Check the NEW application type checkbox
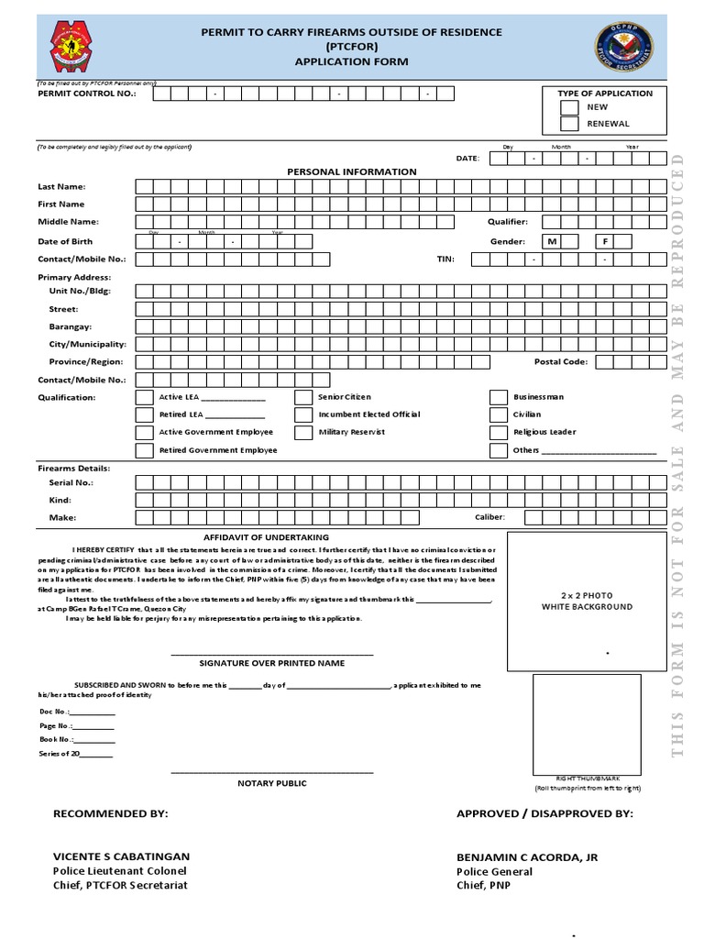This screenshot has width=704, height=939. coord(568,107)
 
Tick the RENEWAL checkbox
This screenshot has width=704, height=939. coord(568,124)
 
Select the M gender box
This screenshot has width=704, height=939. coord(552,241)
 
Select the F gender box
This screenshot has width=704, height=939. coord(605,241)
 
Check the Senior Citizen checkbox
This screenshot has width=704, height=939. coord(303,397)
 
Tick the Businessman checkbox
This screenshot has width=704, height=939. coord(498,397)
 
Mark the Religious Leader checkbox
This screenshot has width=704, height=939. coord(498,432)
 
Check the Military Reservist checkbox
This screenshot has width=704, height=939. coord(303,432)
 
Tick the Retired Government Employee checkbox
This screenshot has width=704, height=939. coord(144,450)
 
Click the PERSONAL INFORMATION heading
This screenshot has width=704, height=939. coord(351,171)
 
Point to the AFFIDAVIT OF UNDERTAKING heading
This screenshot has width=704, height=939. coord(265,537)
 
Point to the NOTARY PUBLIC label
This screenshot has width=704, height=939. coord(272,783)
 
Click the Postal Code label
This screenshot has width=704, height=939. coord(561,361)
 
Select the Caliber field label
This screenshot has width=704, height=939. coord(489,517)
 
